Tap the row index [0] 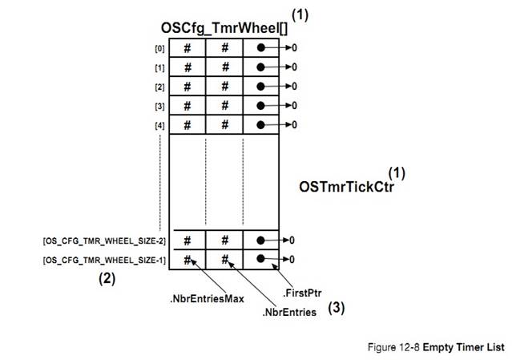tap(161, 48)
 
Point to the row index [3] tap(161, 106)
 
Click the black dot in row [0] tap(262, 48)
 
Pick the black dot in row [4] tap(262, 124)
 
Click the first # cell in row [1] tap(187, 67)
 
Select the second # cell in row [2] tap(225, 87)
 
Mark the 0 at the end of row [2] tap(294, 87)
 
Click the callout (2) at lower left tap(107, 280)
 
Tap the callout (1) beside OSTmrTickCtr tap(396, 173)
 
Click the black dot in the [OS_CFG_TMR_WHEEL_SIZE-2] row tap(262, 240)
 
